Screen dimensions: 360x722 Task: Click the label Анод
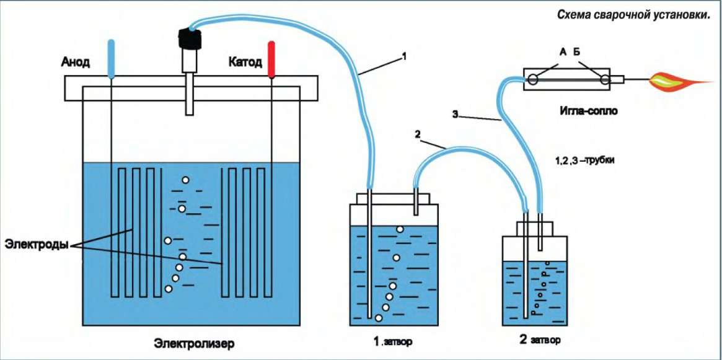point(76,62)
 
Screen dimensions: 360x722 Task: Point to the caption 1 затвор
point(392,341)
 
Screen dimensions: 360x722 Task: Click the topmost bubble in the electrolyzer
point(185,180)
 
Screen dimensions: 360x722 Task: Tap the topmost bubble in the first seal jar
point(400,230)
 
